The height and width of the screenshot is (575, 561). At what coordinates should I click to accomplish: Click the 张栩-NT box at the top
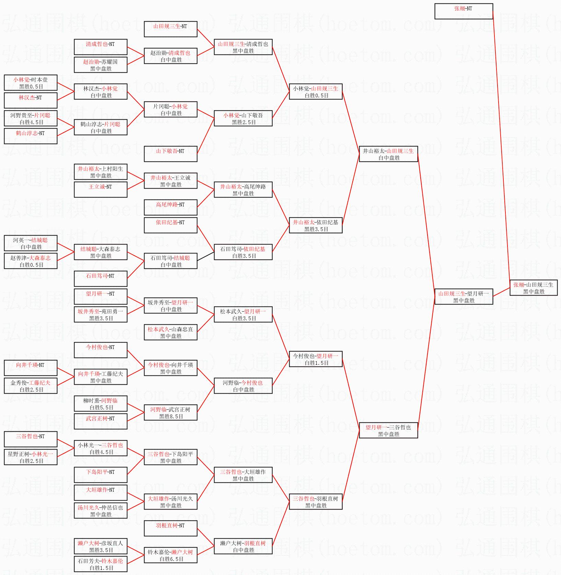(x=464, y=11)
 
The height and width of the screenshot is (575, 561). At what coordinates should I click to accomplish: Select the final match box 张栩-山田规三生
(x=533, y=288)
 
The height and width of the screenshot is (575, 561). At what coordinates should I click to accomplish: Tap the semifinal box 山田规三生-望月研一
(x=464, y=297)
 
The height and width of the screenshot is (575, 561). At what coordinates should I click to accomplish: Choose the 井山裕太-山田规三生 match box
(x=388, y=154)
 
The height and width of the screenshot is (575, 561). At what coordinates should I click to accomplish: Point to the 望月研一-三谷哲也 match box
(x=388, y=430)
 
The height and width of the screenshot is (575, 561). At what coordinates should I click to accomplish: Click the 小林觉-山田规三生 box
(x=316, y=92)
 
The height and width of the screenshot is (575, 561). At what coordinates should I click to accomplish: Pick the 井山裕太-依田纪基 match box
(x=316, y=225)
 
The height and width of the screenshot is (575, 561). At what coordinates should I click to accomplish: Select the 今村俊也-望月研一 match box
(x=316, y=359)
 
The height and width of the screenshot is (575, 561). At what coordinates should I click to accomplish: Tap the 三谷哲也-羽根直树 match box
(x=316, y=502)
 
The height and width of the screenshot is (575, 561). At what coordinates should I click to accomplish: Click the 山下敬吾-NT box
(x=171, y=154)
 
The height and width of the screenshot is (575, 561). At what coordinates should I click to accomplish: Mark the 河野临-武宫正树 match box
(x=171, y=412)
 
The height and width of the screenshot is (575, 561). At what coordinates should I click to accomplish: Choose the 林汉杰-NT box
(x=31, y=100)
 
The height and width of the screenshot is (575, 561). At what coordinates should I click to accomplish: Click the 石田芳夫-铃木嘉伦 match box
(x=101, y=564)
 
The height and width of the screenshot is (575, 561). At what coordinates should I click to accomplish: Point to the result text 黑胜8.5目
(x=171, y=416)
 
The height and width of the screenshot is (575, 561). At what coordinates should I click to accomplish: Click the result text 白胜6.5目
(x=171, y=559)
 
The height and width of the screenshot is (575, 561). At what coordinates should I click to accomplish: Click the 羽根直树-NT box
(x=171, y=528)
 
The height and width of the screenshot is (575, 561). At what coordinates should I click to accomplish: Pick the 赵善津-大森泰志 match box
(x=31, y=261)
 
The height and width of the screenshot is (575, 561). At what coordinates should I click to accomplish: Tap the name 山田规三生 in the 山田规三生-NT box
(x=167, y=26)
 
